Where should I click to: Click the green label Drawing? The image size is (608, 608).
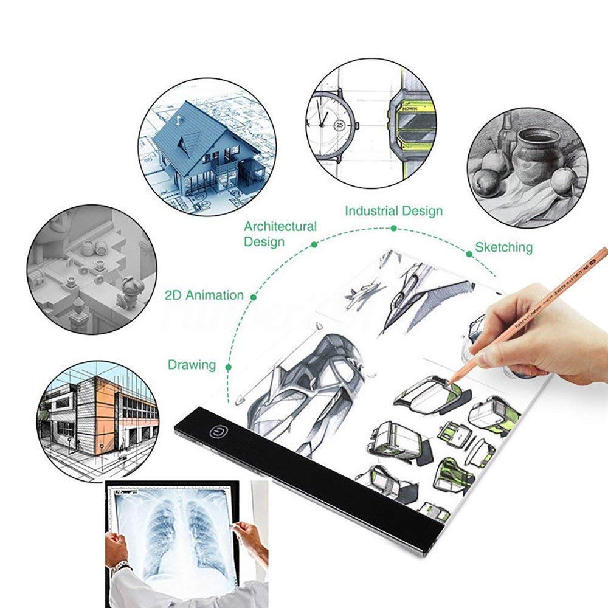192,365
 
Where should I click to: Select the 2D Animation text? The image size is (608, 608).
204,295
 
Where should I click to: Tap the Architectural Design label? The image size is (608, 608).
280,234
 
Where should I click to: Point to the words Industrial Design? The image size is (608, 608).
393,211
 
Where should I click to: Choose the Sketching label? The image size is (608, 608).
503,247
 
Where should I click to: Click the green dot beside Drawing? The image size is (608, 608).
228,367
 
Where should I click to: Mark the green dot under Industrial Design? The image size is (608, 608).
394,228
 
